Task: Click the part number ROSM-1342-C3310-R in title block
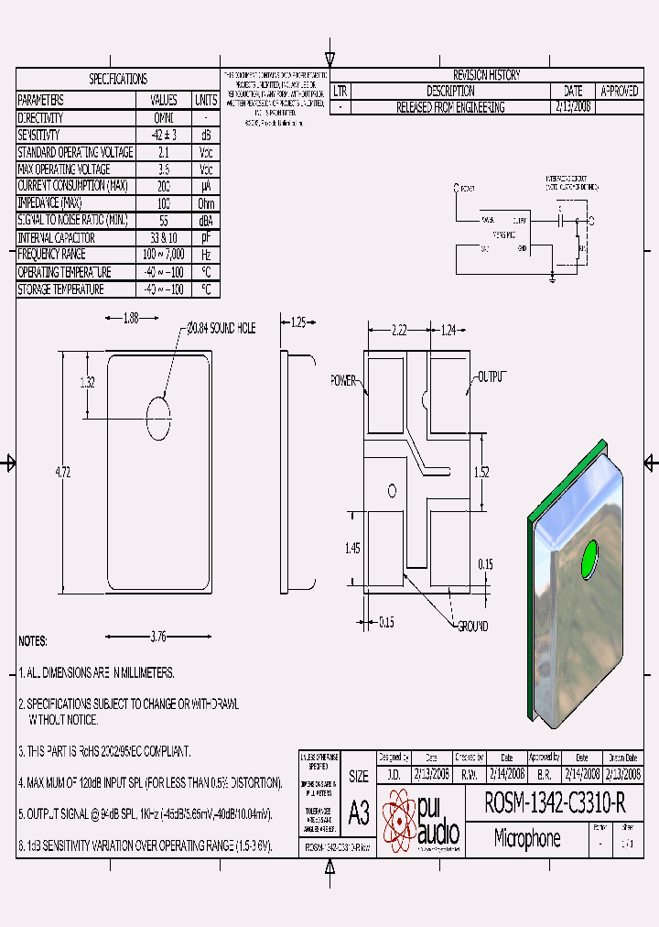point(554,803)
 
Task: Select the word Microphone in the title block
point(527,838)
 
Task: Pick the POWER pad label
point(343,379)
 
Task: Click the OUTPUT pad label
point(491,376)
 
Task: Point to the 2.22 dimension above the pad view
point(398,329)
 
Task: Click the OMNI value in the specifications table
point(163,118)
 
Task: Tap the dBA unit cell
point(206,221)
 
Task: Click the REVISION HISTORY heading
point(486,75)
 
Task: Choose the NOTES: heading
point(33,641)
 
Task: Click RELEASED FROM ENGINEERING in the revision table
point(449,107)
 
